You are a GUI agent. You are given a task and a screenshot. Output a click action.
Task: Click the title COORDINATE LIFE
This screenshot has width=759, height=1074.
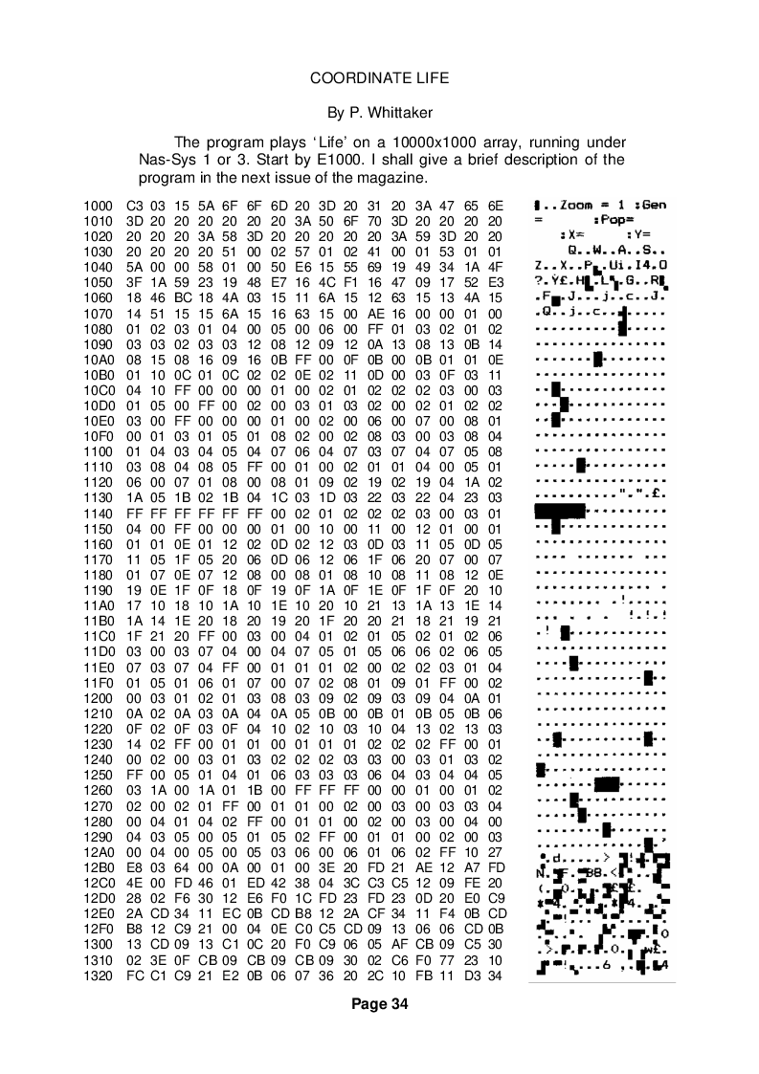(379, 77)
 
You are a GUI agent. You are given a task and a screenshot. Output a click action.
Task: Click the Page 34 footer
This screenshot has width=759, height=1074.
(379, 1004)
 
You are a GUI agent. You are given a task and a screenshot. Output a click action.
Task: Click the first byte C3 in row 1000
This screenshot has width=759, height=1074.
(134, 206)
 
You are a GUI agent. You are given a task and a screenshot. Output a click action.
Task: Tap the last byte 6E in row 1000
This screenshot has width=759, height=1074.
(496, 206)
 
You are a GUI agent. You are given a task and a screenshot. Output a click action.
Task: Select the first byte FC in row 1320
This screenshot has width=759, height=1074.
(134, 975)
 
